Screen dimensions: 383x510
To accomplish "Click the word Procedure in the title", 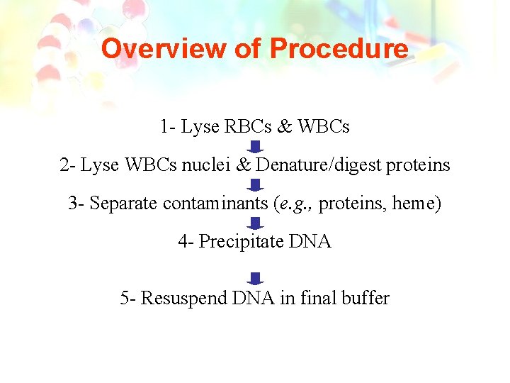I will click(x=339, y=49).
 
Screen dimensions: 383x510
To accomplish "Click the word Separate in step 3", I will click(x=124, y=204).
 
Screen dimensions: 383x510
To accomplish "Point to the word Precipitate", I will click(x=242, y=242).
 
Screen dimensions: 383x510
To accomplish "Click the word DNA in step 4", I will click(x=310, y=242).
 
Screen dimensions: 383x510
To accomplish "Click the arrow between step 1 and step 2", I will click(x=256, y=147).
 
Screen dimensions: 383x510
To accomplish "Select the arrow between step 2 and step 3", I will click(x=256, y=185).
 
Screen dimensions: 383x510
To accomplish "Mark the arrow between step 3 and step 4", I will click(x=256, y=223).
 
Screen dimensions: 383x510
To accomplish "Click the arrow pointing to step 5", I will click(x=256, y=279).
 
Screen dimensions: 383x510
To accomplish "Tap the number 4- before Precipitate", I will click(x=186, y=242).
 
